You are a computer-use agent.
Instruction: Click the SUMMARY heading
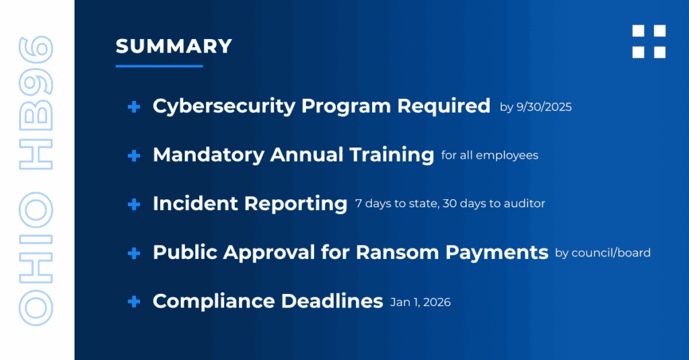[x=174, y=46]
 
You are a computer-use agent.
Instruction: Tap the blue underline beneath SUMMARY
[x=159, y=66]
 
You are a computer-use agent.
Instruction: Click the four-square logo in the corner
[x=649, y=41]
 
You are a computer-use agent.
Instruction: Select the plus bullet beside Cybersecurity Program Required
[x=134, y=107]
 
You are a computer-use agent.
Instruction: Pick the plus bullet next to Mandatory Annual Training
[x=134, y=155]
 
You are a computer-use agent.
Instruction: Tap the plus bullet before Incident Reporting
[x=134, y=205]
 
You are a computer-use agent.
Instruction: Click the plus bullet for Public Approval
[x=134, y=253]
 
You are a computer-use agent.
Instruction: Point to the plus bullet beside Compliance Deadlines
[x=134, y=301]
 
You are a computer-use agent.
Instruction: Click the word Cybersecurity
[x=224, y=107]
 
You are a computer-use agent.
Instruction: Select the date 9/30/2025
[x=544, y=107]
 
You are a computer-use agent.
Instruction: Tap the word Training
[x=392, y=155]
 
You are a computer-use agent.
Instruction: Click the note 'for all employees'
[x=490, y=155]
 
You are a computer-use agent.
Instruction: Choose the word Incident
[x=195, y=203]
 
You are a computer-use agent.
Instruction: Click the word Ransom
[x=398, y=252]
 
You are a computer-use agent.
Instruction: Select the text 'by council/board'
[x=603, y=253]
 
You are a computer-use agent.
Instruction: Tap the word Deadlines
[x=332, y=301]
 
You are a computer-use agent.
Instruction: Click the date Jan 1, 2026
[x=421, y=302]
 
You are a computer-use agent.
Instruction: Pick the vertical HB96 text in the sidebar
[x=36, y=103]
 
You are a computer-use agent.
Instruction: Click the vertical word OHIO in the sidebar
[x=36, y=259]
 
